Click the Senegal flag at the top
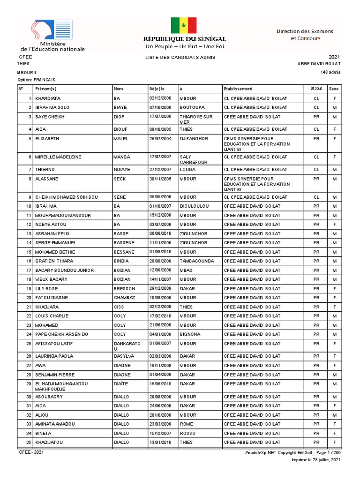(184, 25)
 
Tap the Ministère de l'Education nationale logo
(52, 36)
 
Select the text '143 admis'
(331, 72)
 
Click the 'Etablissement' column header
(238, 89)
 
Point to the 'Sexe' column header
(334, 89)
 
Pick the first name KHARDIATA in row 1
(48, 98)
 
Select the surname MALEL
(120, 139)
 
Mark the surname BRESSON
(124, 289)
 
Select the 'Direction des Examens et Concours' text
(305, 35)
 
